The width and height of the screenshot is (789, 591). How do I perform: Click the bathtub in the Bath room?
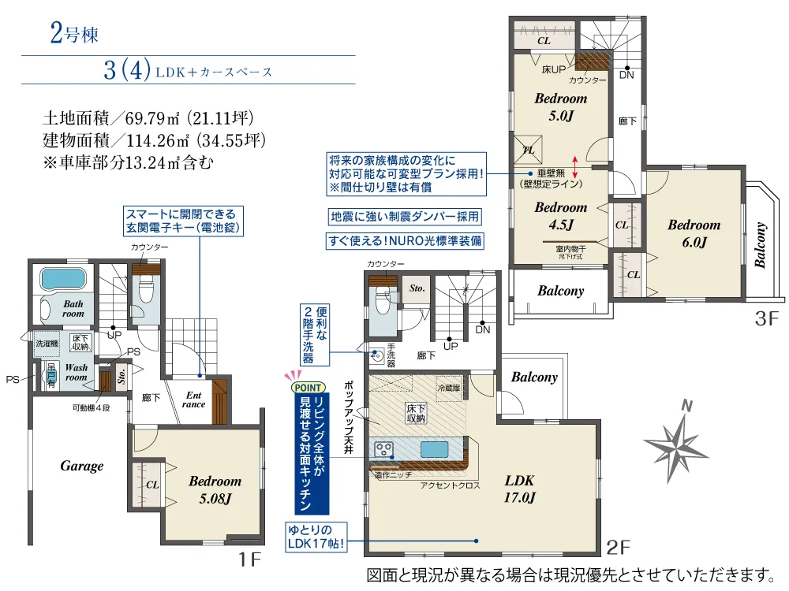click(x=63, y=278)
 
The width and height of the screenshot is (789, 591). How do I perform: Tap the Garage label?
click(x=81, y=466)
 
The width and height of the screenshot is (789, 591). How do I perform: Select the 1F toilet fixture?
click(x=147, y=290)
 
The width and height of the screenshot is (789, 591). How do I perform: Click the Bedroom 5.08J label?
click(x=215, y=489)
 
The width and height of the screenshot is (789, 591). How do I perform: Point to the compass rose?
click(x=677, y=441)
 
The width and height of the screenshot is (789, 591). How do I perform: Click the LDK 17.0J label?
click(x=519, y=489)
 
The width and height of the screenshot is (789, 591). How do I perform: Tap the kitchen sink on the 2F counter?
click(x=434, y=449)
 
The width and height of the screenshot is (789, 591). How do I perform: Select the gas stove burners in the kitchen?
click(x=384, y=449)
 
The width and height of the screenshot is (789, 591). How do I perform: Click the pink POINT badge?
click(x=308, y=388)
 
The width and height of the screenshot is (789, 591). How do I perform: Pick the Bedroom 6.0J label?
click(x=694, y=233)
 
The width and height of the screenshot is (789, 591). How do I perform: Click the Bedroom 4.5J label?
click(x=560, y=216)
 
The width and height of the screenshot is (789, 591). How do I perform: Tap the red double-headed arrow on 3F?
click(x=575, y=167)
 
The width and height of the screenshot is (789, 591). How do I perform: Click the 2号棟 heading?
click(x=74, y=34)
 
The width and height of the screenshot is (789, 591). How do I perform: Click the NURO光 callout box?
click(x=405, y=240)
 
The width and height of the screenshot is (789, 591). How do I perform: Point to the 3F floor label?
click(x=766, y=318)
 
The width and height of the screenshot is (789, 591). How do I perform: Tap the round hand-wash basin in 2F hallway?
click(x=377, y=356)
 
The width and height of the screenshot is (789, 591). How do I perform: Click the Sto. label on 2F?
click(x=417, y=288)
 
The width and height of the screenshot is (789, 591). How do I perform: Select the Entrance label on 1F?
click(x=194, y=400)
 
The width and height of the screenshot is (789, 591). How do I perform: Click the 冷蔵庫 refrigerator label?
click(x=448, y=388)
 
